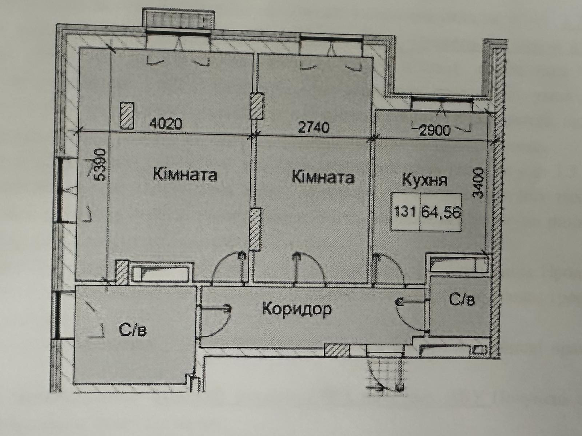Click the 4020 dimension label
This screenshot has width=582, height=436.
(166, 124)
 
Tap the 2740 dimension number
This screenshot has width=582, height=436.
(314, 127)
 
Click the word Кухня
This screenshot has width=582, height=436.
(424, 180)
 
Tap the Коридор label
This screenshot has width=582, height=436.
(297, 309)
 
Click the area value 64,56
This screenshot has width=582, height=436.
(441, 212)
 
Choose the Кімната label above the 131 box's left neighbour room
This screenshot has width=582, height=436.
(323, 177)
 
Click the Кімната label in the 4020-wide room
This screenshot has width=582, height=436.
(185, 175)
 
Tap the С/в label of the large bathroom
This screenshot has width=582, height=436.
(133, 330)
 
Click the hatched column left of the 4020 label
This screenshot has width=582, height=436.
(127, 116)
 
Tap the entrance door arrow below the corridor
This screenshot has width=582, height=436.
(374, 388)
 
